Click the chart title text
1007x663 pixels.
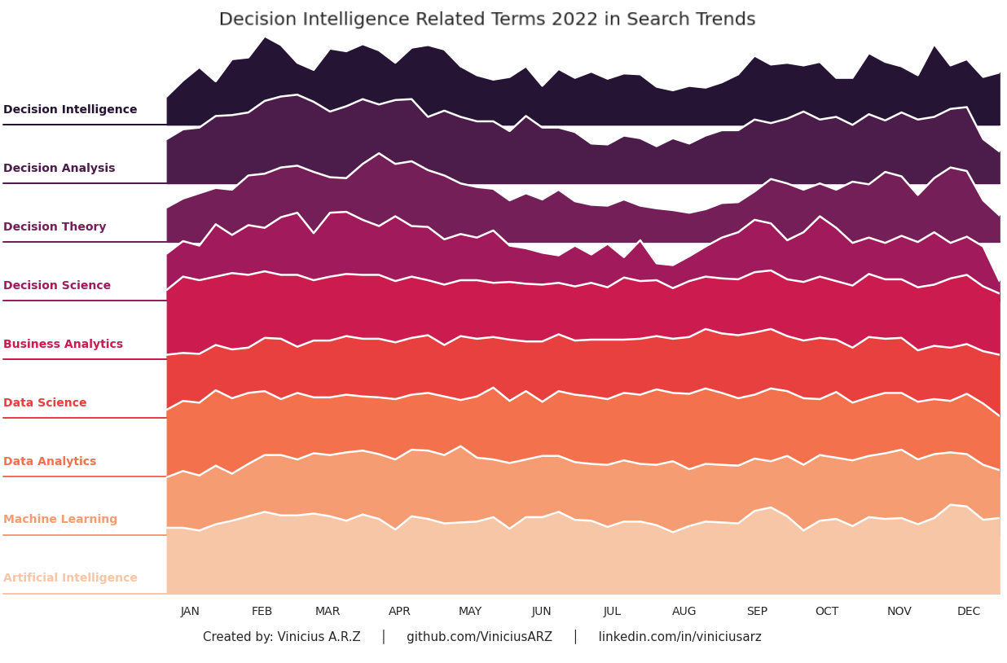point(486,20)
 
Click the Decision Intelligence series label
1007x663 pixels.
point(70,110)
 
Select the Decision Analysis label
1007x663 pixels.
point(59,169)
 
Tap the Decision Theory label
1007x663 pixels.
point(55,227)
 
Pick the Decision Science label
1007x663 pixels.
point(57,286)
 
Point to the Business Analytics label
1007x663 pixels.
point(63,345)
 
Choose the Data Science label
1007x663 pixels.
point(45,403)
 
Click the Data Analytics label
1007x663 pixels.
point(50,462)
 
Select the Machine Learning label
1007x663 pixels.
point(60,520)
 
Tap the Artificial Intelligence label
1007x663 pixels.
point(70,578)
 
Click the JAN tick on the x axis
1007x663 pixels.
point(190,612)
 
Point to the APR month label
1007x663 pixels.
point(399,612)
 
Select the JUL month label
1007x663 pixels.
point(612,612)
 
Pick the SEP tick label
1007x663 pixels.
point(757,612)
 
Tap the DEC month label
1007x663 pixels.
point(969,612)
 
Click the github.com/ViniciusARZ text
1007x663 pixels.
point(479,637)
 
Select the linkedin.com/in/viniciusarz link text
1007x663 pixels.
point(679,637)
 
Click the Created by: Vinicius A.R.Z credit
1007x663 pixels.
point(281,637)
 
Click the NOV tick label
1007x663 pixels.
point(899,612)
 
